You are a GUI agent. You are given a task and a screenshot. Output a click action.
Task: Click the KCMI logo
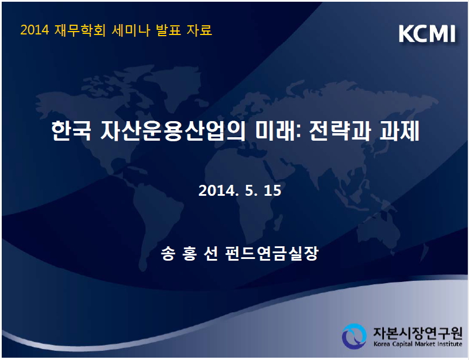[427, 33]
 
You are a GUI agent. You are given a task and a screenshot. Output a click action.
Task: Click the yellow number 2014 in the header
[34, 30]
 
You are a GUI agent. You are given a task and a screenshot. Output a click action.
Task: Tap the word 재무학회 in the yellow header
[80, 30]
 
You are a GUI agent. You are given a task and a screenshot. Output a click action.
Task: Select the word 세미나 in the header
[130, 30]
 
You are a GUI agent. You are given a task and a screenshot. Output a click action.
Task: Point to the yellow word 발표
[168, 30]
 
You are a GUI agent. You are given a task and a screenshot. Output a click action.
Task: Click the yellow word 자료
[199, 30]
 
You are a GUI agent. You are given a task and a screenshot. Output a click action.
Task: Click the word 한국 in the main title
[71, 131]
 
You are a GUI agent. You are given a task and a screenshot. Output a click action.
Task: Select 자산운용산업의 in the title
[172, 131]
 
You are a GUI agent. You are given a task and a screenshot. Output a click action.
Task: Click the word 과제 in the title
[399, 131]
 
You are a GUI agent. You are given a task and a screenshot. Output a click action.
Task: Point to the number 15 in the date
[272, 191]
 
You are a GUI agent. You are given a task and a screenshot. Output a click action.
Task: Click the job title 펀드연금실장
[272, 254]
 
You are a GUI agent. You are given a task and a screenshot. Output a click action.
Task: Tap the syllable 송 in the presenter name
[168, 254]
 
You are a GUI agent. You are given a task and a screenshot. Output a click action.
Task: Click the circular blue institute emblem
[354, 336]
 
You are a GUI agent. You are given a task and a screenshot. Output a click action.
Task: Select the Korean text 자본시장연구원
[417, 332]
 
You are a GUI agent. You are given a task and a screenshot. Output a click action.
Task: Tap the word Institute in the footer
[449, 344]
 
